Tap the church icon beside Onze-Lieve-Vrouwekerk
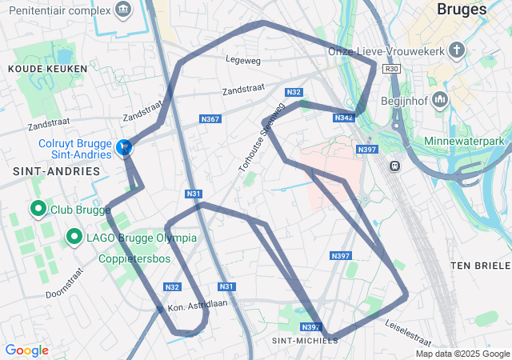tap(457, 51)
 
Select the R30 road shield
tap(391, 69)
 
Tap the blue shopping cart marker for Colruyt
tap(124, 148)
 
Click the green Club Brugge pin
tap(38, 210)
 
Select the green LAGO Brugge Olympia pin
tap(74, 237)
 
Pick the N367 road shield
tap(210, 119)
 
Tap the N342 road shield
tap(343, 118)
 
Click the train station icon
tap(394, 166)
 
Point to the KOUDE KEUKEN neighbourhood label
tap(37, 70)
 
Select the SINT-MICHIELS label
tap(306, 340)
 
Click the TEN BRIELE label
tap(479, 265)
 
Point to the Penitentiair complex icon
tap(123, 9)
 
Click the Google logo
tap(26, 350)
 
